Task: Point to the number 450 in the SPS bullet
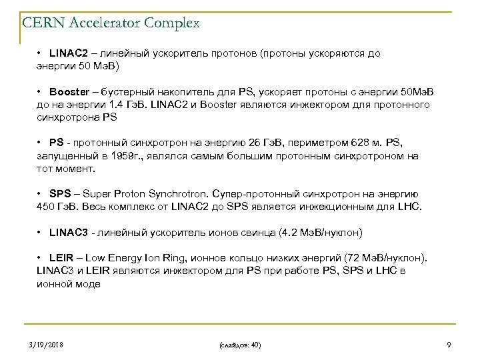tap(46, 207)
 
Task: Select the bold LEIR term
tap(60, 257)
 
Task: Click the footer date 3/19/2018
tap(47, 345)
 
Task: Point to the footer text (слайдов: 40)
tap(239, 345)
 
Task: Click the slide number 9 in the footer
tap(449, 345)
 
